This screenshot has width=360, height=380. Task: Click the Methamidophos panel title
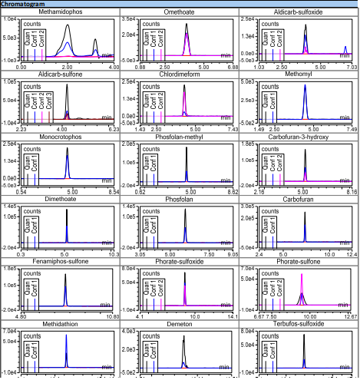point(61,13)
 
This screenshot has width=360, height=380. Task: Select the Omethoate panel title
point(180,13)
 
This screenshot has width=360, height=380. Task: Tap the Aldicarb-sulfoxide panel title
point(300,13)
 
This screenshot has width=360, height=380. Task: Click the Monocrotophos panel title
point(61,137)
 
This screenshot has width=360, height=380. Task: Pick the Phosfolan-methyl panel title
point(180,137)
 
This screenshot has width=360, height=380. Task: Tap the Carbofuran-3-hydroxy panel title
point(300,137)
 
